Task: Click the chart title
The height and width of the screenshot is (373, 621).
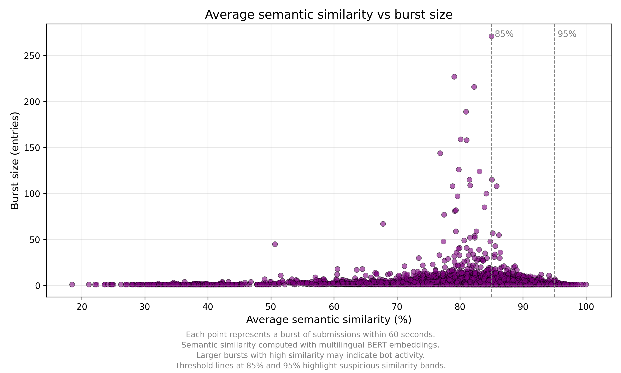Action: pos(329,15)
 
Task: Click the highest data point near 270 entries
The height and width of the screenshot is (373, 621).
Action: pos(491,36)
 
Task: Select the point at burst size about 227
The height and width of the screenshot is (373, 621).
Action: pos(454,77)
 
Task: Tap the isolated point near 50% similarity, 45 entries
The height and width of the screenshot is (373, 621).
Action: pos(275,244)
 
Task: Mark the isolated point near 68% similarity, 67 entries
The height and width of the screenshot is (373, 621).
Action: pos(383,224)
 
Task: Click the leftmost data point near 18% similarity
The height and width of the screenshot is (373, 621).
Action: pos(72,285)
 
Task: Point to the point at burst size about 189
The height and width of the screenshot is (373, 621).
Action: pos(466,112)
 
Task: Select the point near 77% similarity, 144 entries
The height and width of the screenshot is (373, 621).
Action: pos(440,153)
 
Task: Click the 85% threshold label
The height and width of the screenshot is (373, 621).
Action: pos(504,34)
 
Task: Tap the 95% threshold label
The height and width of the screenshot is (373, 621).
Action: pos(567,34)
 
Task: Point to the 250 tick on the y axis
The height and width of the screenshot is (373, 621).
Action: pos(32,56)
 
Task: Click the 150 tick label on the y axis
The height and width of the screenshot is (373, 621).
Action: pos(32,148)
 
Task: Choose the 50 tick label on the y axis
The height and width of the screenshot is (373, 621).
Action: pos(35,240)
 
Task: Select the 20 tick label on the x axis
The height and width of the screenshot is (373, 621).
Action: pos(82,307)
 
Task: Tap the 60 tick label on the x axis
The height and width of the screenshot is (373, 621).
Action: pos(334,307)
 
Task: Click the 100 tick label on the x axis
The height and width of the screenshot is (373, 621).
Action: pos(586,307)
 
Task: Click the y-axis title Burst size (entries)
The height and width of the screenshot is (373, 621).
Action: pos(15,160)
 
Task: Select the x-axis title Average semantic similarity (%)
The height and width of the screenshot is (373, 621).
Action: pos(329,320)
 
